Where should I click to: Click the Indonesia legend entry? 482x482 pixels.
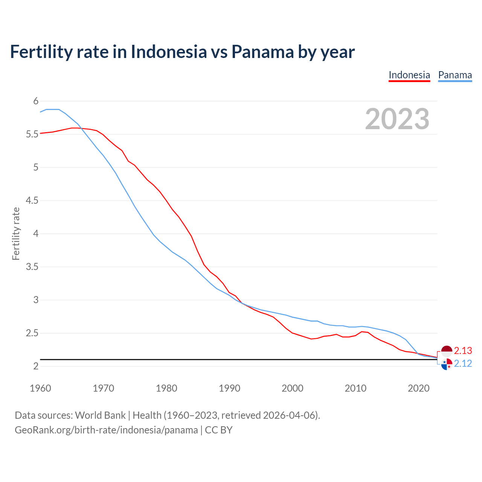pos(409,75)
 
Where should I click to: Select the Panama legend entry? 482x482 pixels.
pos(455,75)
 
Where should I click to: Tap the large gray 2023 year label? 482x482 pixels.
pos(397,119)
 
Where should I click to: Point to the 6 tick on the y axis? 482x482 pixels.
pos(36,101)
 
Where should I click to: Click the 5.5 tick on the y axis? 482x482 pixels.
pos(32,134)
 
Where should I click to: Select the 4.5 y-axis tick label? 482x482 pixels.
pos(32,200)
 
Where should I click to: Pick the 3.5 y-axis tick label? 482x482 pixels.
pos(32,267)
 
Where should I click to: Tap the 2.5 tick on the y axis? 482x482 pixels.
pos(32,333)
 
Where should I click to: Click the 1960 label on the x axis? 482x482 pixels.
pos(40,388)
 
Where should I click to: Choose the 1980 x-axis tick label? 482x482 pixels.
pos(166,388)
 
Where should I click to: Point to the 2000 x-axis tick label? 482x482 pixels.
pos(293,388)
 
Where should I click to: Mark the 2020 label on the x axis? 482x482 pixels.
pos(418,388)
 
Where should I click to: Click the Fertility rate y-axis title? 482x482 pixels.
pos(16,233)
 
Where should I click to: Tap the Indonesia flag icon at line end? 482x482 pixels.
pos(447,351)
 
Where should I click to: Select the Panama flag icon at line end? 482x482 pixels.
pos(447,364)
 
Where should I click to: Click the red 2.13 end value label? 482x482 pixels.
pos(463,351)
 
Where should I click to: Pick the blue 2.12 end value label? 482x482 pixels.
pos(463,363)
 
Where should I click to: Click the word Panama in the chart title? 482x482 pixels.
pos(262,52)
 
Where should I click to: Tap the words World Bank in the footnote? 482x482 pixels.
pos(100,415)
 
